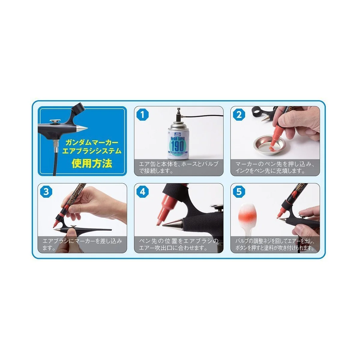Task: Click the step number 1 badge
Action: point(143,115)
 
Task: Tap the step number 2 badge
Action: point(239,115)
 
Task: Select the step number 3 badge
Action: point(46,192)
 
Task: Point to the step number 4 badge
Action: point(143,192)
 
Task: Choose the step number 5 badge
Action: point(239,192)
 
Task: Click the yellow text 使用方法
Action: point(92,163)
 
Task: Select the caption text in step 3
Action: point(82,244)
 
